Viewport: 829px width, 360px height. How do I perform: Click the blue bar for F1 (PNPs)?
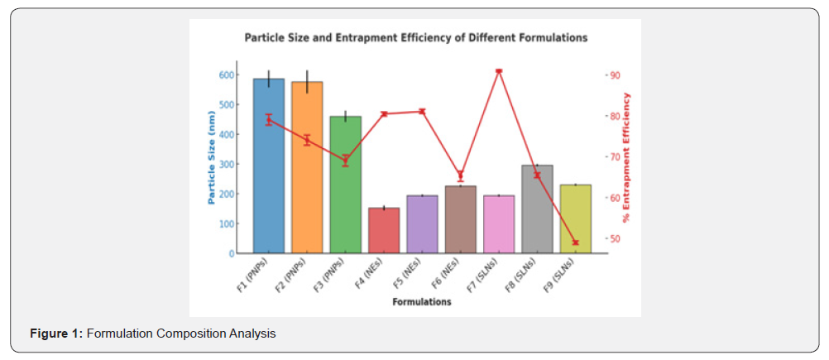coord(269,166)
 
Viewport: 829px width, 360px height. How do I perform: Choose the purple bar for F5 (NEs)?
coord(422,224)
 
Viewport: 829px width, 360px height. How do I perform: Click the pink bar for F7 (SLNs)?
coord(499,224)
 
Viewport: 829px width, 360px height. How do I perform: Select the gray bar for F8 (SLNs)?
coord(537,209)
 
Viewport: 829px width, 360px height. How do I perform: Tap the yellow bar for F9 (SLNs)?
coord(575,218)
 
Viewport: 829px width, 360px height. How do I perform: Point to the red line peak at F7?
coord(499,71)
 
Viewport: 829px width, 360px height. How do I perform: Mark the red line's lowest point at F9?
coord(575,242)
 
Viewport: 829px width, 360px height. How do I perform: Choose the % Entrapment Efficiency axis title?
coord(626,157)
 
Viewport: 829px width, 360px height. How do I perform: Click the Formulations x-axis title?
coord(422,302)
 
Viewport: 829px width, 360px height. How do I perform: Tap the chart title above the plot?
coord(415,38)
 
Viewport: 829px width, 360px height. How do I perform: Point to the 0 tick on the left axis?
coord(230,253)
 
